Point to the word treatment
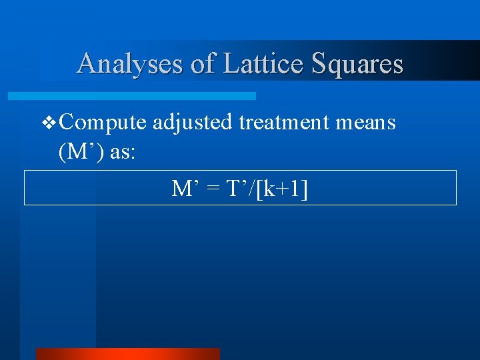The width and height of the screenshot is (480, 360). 288,123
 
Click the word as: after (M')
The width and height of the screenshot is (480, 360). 123,152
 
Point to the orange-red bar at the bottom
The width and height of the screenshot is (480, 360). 127,354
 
